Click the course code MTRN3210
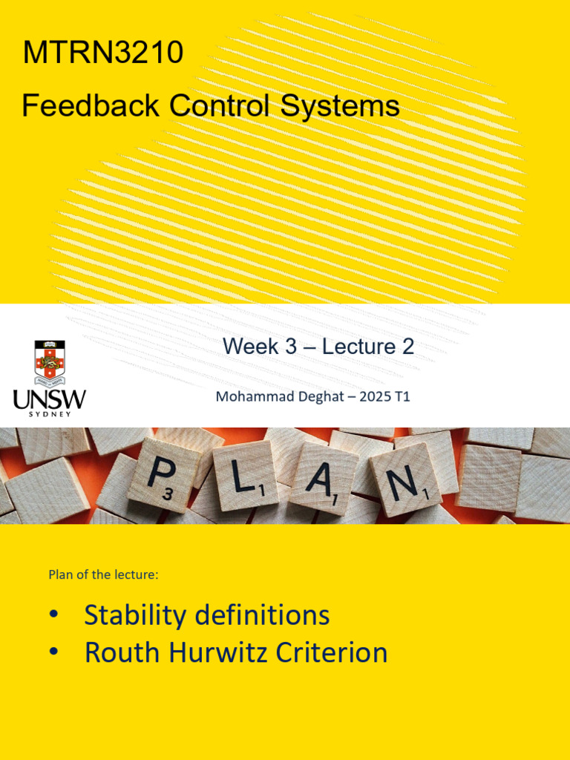tap(103, 53)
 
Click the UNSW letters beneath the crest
tap(50, 399)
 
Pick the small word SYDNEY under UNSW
tap(50, 414)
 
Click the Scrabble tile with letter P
tap(163, 475)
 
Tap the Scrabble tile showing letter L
tap(245, 475)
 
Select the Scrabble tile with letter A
tap(324, 477)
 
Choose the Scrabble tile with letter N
tap(405, 479)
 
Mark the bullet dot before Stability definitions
tap(53, 616)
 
